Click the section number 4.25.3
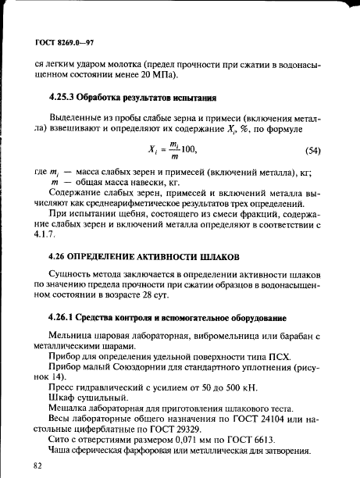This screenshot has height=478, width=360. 66,98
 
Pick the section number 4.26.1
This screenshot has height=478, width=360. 66,318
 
